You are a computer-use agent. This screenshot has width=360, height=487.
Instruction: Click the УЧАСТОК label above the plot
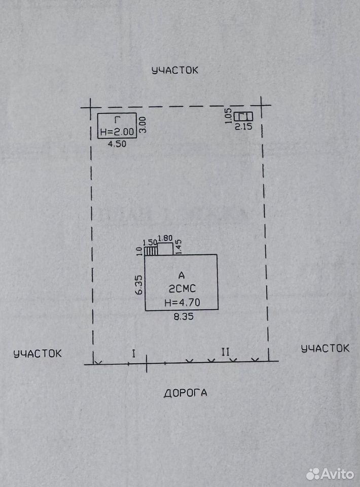175,70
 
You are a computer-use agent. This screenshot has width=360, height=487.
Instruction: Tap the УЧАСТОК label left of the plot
38,354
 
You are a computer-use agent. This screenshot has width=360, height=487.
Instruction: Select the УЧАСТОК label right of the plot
325,348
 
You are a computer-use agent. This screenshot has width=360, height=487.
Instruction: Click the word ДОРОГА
185,393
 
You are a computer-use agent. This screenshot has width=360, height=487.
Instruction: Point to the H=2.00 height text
117,132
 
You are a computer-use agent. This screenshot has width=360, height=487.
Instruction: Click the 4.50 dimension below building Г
117,144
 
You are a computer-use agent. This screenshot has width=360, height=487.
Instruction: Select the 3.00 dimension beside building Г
142,125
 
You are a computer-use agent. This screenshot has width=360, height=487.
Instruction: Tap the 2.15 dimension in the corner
243,126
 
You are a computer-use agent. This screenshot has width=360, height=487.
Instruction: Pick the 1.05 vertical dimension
228,116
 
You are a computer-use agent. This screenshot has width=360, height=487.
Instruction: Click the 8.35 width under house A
184,317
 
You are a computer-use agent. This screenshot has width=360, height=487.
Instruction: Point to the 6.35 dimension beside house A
139,285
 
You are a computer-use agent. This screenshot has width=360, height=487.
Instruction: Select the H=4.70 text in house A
183,302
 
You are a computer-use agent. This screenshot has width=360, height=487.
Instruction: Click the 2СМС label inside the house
182,289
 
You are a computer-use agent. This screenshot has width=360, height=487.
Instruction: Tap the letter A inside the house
182,275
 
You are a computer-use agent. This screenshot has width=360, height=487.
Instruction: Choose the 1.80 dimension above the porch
165,238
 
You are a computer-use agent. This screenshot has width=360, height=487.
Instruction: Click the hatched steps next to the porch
151,251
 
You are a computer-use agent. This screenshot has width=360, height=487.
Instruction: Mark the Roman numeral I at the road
134,354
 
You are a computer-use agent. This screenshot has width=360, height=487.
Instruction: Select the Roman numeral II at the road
225,352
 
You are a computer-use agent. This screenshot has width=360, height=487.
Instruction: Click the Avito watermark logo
330,474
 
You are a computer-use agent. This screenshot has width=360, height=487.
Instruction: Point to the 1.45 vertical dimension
178,247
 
